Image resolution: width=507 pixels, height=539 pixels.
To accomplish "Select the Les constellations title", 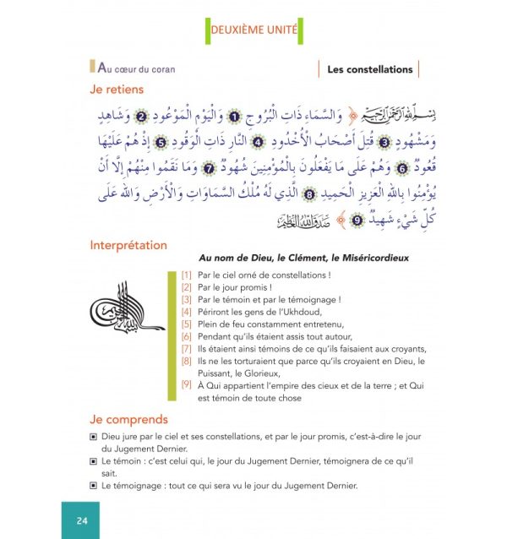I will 369,69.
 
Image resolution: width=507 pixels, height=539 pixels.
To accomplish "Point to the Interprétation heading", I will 128,246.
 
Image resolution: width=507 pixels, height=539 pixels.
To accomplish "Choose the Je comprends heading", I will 128,419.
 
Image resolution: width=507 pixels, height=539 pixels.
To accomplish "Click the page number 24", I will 81,520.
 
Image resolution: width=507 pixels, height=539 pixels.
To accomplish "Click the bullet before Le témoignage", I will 93,485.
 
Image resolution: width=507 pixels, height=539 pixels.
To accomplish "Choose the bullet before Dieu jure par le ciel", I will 93,438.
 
